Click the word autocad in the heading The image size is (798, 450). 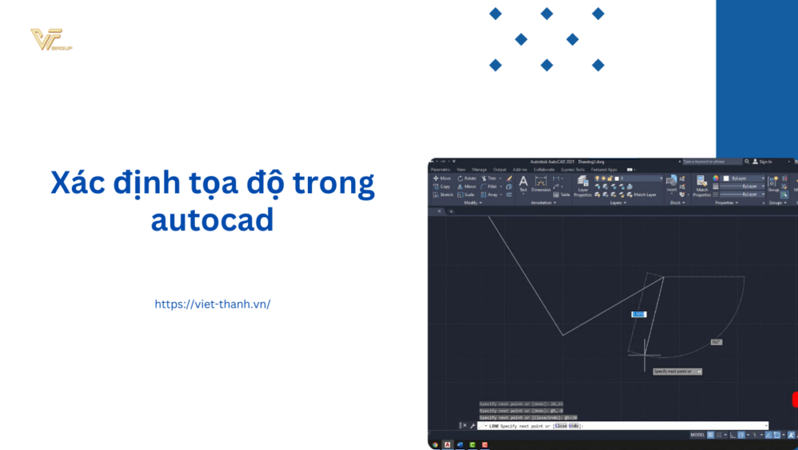pyautogui.click(x=211, y=218)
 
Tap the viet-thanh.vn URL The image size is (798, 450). pyautogui.click(x=212, y=304)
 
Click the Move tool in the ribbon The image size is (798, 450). pyautogui.click(x=441, y=178)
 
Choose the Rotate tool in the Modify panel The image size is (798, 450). pyautogui.click(x=467, y=178)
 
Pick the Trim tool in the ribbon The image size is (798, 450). pyautogui.click(x=490, y=178)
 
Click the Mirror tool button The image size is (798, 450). pyautogui.click(x=467, y=186)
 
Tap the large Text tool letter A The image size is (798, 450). pyautogui.click(x=523, y=182)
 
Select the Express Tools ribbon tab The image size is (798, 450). pyautogui.click(x=572, y=169)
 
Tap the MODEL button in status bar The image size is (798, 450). pyautogui.click(x=697, y=435)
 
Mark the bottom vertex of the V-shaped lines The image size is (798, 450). pyautogui.click(x=563, y=336)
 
